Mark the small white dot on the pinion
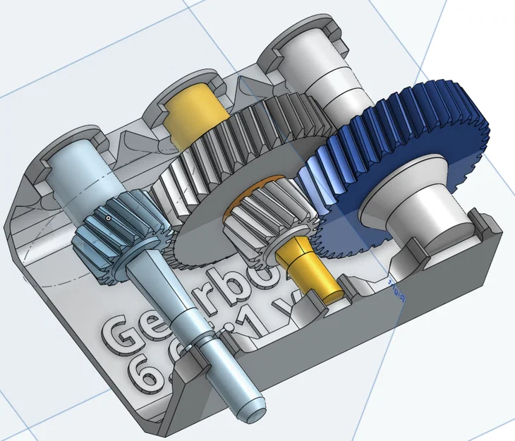click(x=108, y=219)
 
